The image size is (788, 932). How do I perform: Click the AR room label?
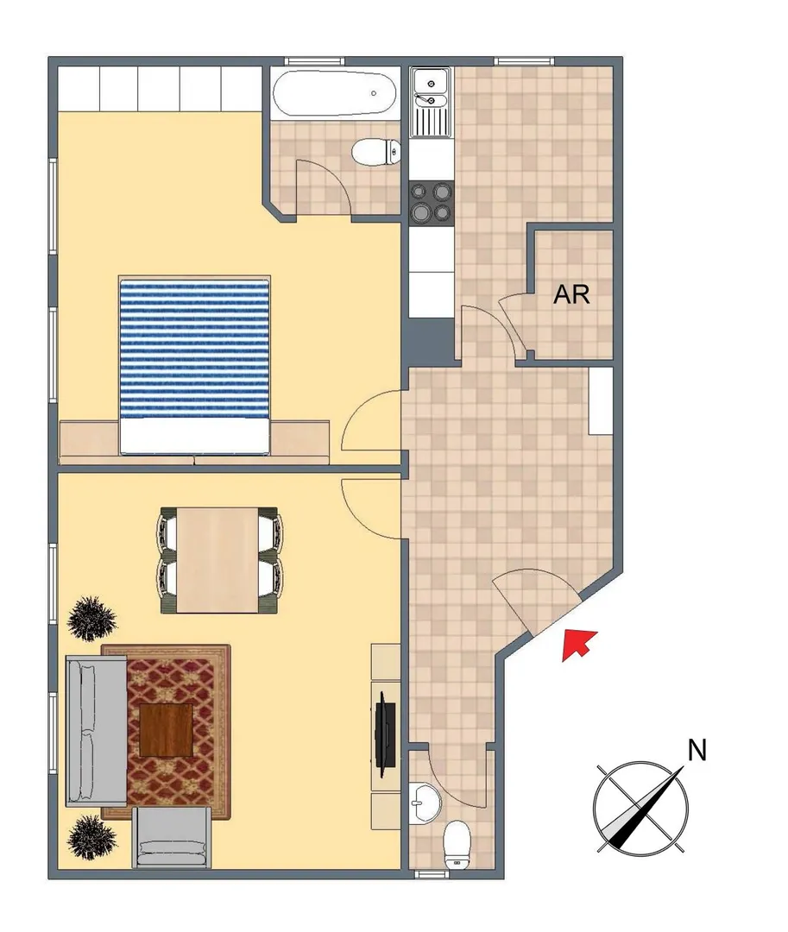click(x=571, y=294)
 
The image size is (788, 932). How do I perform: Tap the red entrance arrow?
click(x=579, y=645)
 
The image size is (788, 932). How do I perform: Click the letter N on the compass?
click(x=697, y=750)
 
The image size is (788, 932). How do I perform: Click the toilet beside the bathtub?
click(x=375, y=152)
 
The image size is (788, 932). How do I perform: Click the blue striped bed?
click(x=194, y=366)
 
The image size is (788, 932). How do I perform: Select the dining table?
click(x=218, y=560)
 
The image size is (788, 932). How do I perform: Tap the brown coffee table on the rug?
click(x=167, y=730)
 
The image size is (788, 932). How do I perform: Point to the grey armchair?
click(x=172, y=837)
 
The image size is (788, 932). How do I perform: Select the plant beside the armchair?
click(x=91, y=837)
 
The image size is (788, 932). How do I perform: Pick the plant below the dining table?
click(x=91, y=618)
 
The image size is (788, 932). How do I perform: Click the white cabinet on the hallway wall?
click(x=600, y=400)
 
